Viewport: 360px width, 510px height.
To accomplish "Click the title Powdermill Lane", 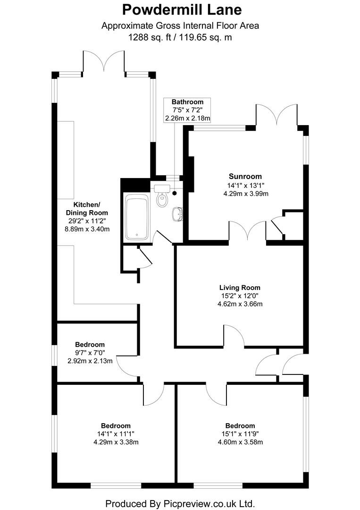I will pyautogui.click(x=180, y=9).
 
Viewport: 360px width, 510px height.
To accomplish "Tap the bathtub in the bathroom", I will pyautogui.click(x=137, y=217).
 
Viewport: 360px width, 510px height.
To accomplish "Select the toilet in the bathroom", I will pyautogui.click(x=162, y=198).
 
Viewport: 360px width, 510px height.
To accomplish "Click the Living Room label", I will pyautogui.click(x=239, y=287).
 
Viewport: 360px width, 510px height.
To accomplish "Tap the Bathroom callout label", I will pyautogui.click(x=187, y=102).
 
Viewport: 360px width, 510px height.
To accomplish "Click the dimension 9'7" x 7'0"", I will pyautogui.click(x=90, y=353).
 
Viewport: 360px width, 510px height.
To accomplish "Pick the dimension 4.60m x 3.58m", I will pyautogui.click(x=240, y=442).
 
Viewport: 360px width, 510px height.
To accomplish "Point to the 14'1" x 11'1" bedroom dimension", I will pyautogui.click(x=115, y=434).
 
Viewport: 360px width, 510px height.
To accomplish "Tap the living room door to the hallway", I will pyautogui.click(x=234, y=336).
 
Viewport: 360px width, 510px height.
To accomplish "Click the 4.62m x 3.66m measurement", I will pyautogui.click(x=239, y=304).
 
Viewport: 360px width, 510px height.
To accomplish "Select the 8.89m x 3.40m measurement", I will pyautogui.click(x=86, y=229).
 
